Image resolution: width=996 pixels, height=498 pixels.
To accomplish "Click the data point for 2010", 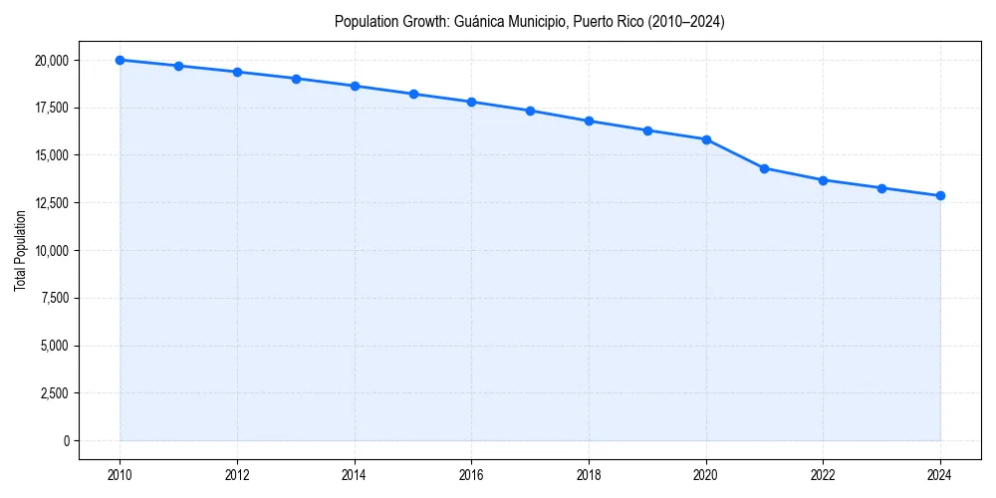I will tap(120, 60).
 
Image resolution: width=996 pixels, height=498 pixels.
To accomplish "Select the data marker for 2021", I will tap(764, 168).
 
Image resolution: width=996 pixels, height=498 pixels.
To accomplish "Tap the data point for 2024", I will tap(940, 195).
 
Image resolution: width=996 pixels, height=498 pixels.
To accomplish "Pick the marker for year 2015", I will tap(413, 94).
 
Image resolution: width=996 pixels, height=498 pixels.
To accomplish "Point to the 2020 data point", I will tap(706, 139).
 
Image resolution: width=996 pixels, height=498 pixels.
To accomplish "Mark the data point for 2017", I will tap(530, 111).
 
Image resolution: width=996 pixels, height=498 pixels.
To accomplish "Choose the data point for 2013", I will tap(296, 79).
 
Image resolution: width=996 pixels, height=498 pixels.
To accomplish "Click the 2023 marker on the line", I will tap(881, 188).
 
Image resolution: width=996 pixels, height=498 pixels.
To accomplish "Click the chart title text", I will tap(529, 22).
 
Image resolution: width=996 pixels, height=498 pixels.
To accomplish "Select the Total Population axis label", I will tap(20, 250).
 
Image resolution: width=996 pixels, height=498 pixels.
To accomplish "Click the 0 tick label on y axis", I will tap(66, 441).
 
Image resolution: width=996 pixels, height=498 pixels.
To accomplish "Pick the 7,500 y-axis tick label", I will tap(55, 298).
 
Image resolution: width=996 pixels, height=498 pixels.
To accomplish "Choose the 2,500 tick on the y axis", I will tap(55, 393).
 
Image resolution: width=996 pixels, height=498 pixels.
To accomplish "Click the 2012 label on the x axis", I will tap(237, 475).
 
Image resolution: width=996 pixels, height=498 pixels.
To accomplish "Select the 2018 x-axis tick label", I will tap(589, 475).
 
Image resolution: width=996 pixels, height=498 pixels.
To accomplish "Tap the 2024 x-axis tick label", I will tap(940, 475).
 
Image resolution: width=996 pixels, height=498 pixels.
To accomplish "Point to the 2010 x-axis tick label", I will tap(120, 475).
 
